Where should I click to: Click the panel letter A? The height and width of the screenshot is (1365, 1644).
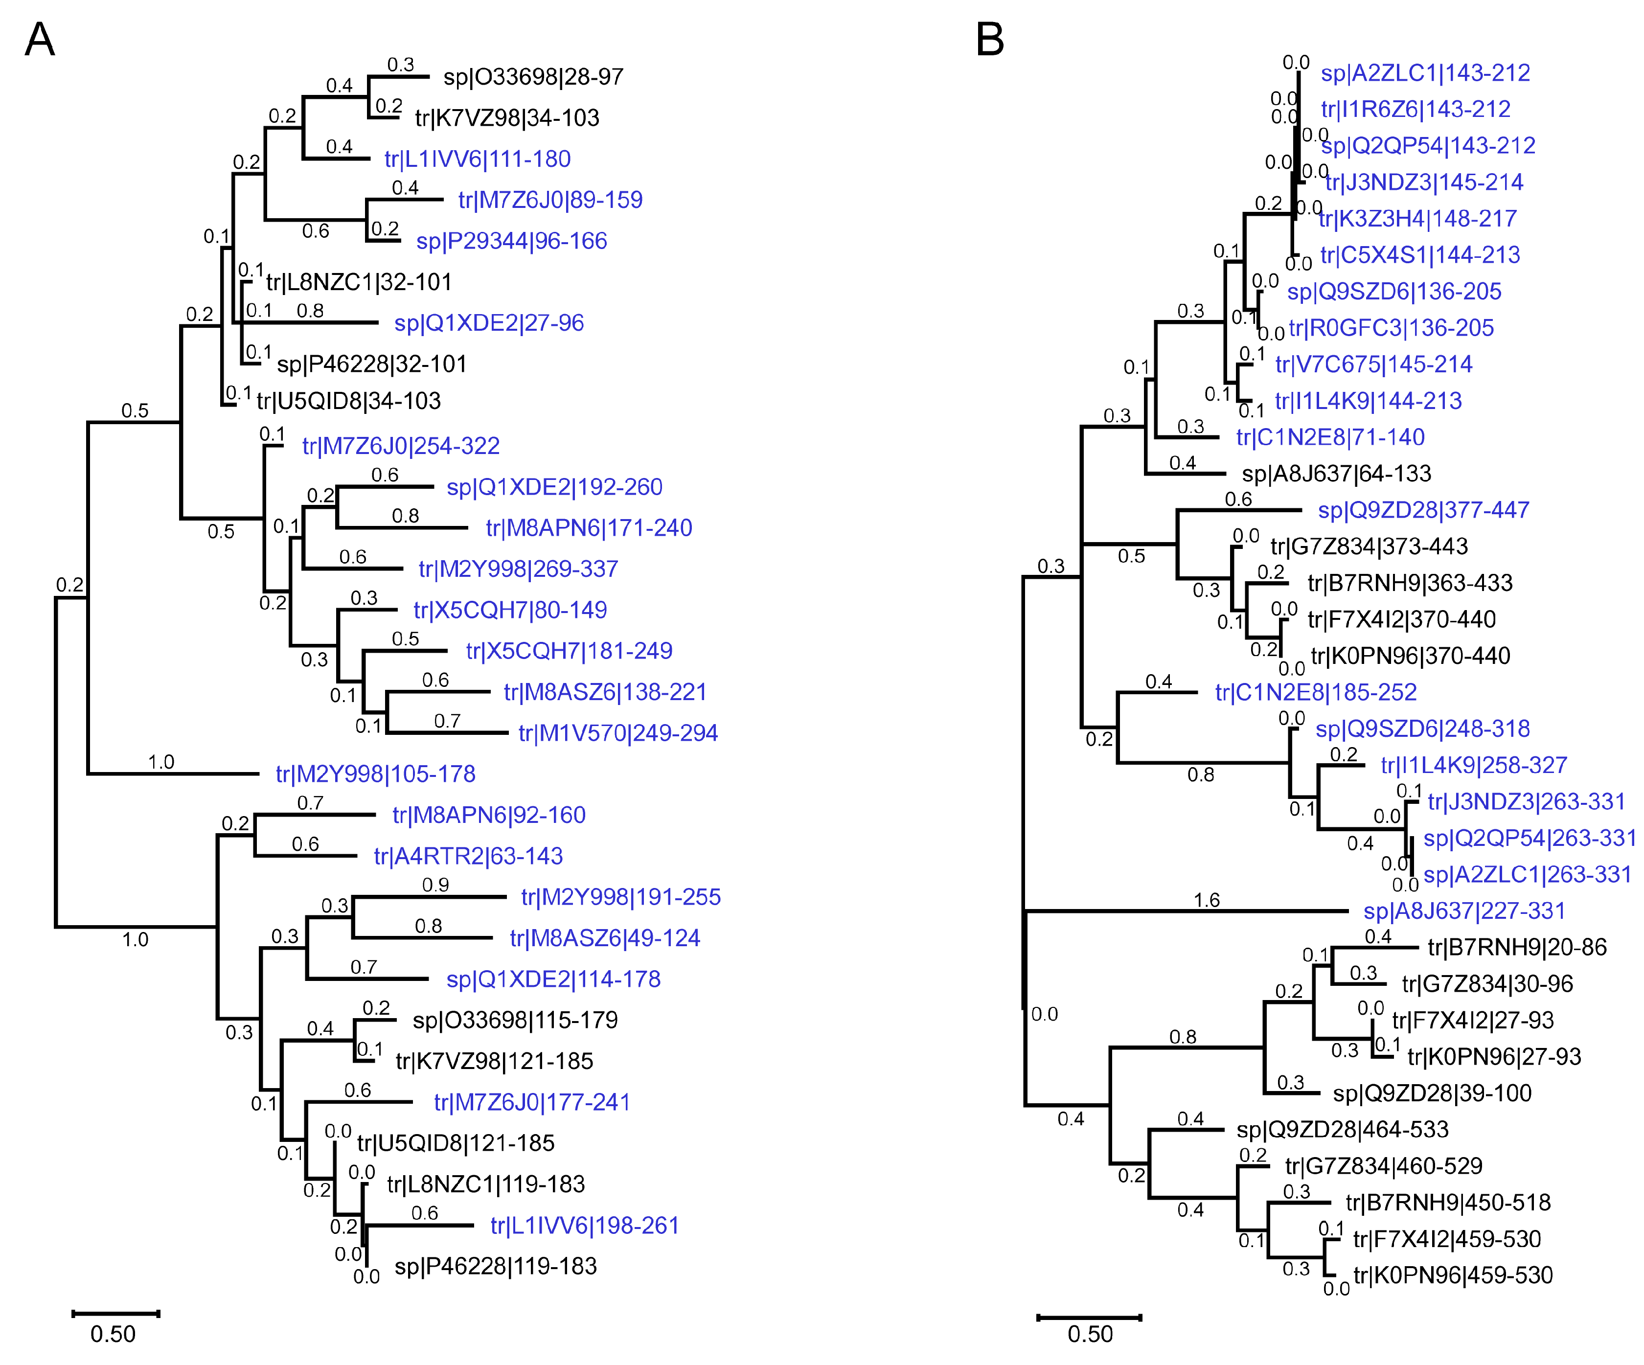point(40,39)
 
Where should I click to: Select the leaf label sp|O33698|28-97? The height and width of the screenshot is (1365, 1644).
point(533,77)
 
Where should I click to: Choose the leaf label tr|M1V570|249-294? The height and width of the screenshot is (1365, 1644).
point(617,733)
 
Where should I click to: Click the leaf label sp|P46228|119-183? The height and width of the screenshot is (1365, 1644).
point(496,1266)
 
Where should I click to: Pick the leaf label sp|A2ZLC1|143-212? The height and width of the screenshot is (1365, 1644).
point(1425,73)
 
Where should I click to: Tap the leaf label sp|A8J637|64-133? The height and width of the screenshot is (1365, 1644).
point(1336,474)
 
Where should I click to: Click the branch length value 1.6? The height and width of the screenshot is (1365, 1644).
point(1207,900)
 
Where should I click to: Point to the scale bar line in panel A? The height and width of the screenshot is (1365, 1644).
point(116,1313)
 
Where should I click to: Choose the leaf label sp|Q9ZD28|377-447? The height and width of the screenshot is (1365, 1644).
point(1423,510)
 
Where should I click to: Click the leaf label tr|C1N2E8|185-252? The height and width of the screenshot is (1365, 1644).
point(1315,693)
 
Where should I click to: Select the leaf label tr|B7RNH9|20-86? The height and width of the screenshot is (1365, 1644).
point(1516,948)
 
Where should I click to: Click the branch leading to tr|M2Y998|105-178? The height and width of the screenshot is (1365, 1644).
point(172,774)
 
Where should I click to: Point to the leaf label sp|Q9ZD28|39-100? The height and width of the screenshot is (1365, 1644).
point(1432,1093)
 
